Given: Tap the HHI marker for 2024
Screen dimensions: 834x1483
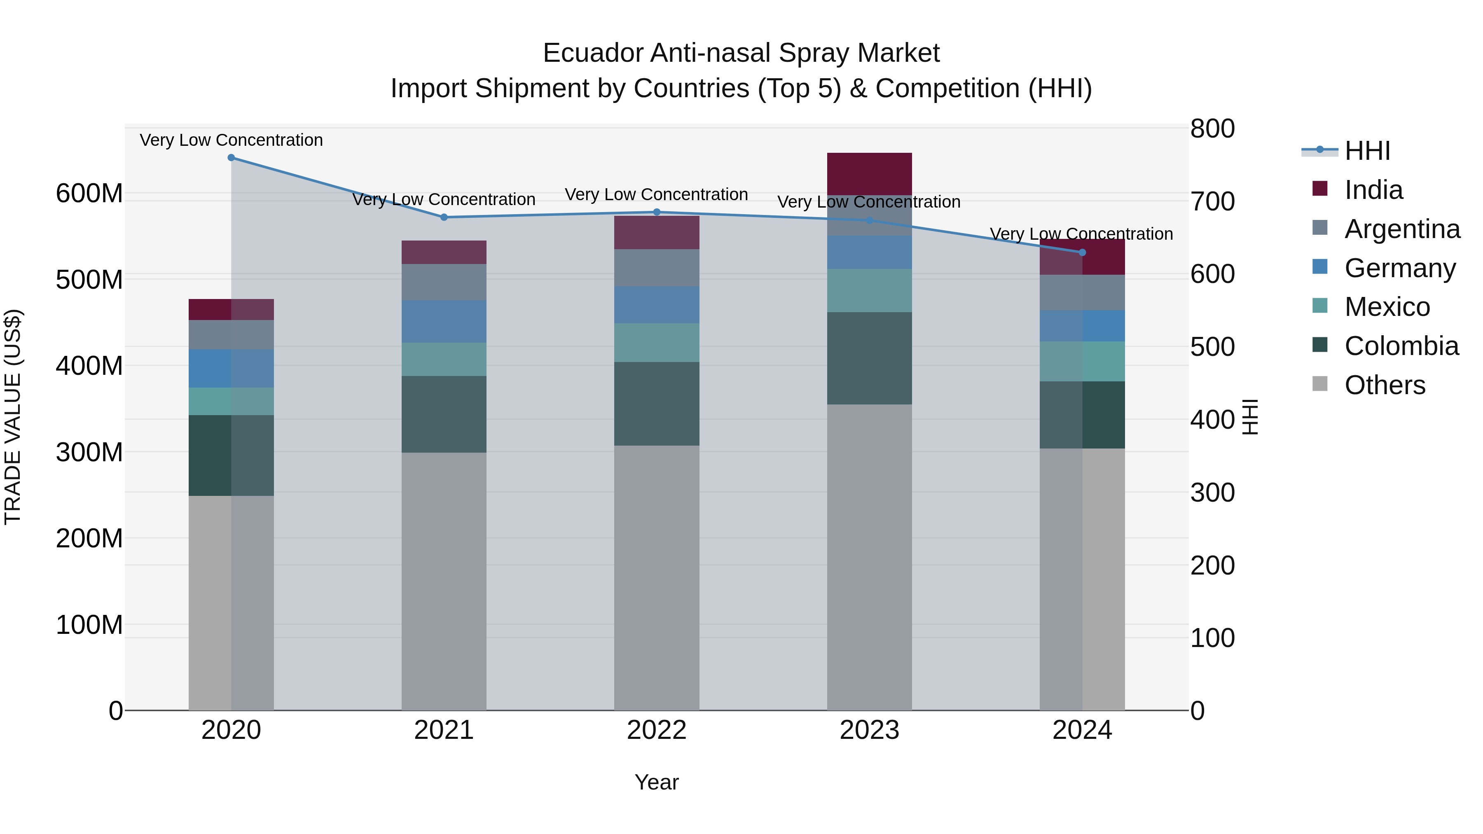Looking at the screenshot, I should pos(1082,253).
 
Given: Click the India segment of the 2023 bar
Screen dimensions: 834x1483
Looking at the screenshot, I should pos(869,174).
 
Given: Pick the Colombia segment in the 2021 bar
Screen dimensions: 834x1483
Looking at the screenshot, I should pos(444,414).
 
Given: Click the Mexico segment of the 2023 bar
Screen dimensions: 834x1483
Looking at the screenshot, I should pos(869,291).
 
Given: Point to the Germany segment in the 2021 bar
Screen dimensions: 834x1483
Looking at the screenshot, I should pos(444,322).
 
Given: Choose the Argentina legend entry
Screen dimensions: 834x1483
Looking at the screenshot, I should pos(1402,229).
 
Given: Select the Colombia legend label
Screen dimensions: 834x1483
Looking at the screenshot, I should pos(1401,346).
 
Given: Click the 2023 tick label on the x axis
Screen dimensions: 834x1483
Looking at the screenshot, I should pos(869,730).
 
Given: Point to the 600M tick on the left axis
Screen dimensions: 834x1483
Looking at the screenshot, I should pos(89,194).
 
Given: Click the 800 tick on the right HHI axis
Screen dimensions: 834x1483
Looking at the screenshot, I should pos(1212,129).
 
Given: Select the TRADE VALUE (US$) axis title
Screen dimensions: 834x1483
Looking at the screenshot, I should pos(13,417).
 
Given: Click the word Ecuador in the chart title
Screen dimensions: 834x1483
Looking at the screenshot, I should pos(592,54).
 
